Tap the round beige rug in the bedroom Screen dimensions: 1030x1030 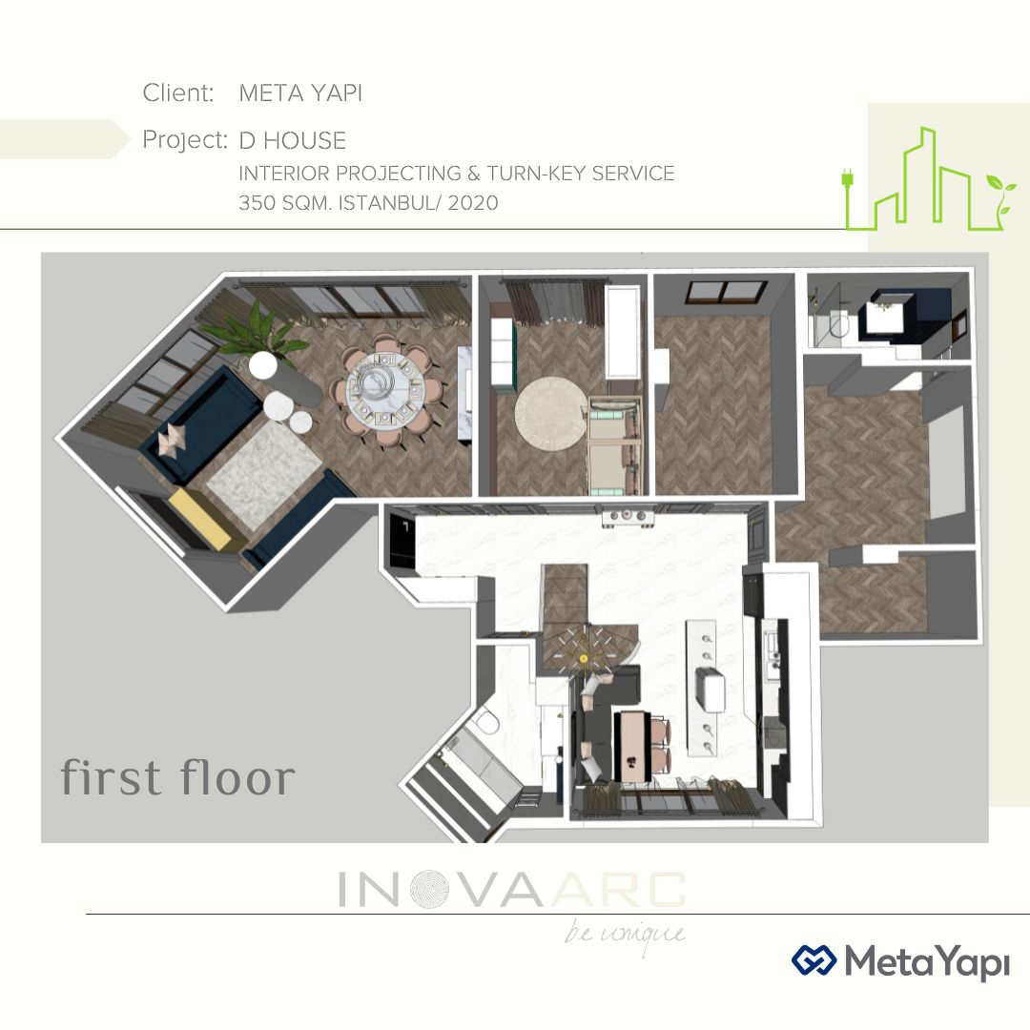point(550,413)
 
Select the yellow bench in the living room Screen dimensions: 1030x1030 point(199,519)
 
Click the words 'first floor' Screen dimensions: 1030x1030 point(178,777)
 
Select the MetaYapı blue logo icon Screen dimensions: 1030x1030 point(814,961)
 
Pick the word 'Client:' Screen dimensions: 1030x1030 point(178,93)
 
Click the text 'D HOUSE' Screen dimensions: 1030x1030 point(293,140)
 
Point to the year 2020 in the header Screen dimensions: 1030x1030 point(473,202)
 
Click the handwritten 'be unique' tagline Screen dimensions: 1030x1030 point(625,934)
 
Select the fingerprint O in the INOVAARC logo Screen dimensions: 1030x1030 point(429,890)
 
